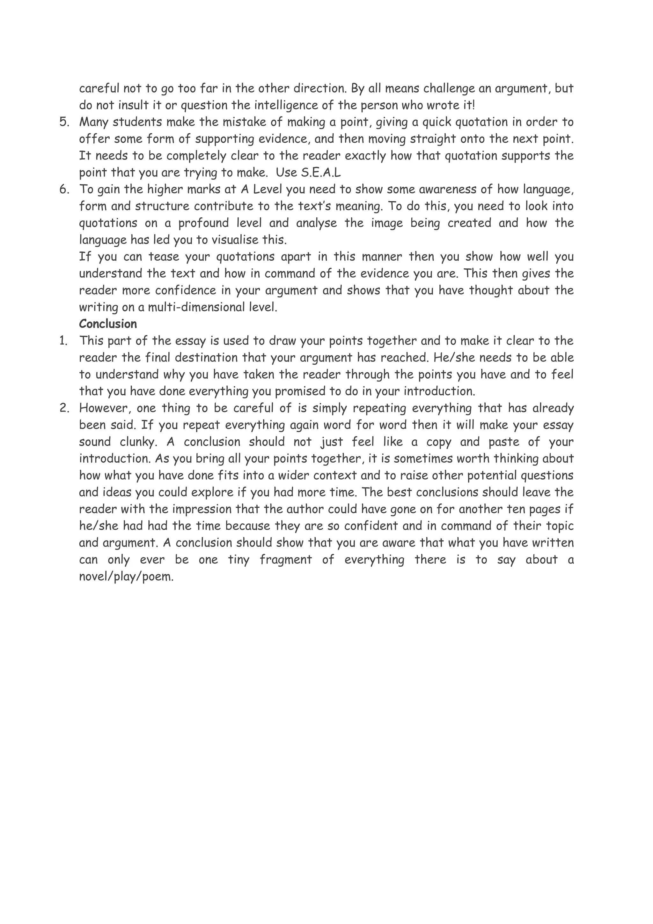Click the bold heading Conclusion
[x=108, y=324]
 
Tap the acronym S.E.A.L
[x=320, y=173]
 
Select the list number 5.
[x=64, y=122]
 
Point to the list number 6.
[x=64, y=189]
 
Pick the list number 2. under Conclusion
[x=64, y=408]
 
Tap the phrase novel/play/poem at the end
[x=126, y=577]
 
